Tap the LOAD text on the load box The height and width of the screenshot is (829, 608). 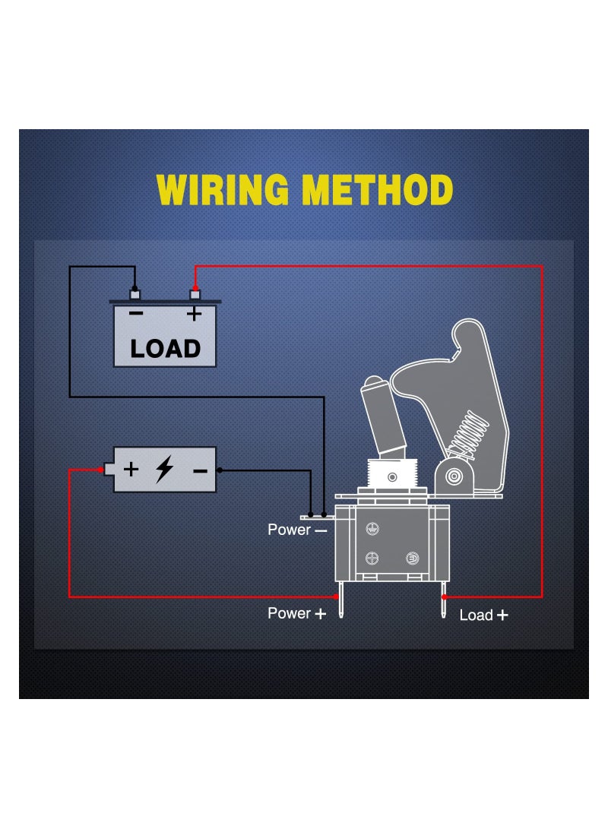click(165, 348)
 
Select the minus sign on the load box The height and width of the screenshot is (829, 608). click(135, 313)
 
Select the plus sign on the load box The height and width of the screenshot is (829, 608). click(195, 313)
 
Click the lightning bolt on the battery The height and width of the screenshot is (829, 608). click(163, 470)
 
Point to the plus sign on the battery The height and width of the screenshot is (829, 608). click(131, 469)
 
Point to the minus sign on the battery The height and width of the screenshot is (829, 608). click(200, 470)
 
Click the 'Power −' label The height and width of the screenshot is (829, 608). click(297, 530)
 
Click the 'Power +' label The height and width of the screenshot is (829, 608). click(297, 613)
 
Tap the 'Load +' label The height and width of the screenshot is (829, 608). click(483, 615)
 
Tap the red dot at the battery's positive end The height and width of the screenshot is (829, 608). click(101, 470)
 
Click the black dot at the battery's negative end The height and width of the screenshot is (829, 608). click(220, 470)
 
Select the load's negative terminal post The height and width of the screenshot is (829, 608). click(135, 293)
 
